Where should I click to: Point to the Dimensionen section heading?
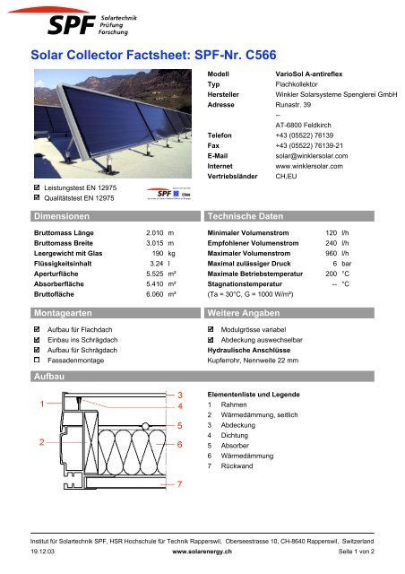point(60,217)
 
